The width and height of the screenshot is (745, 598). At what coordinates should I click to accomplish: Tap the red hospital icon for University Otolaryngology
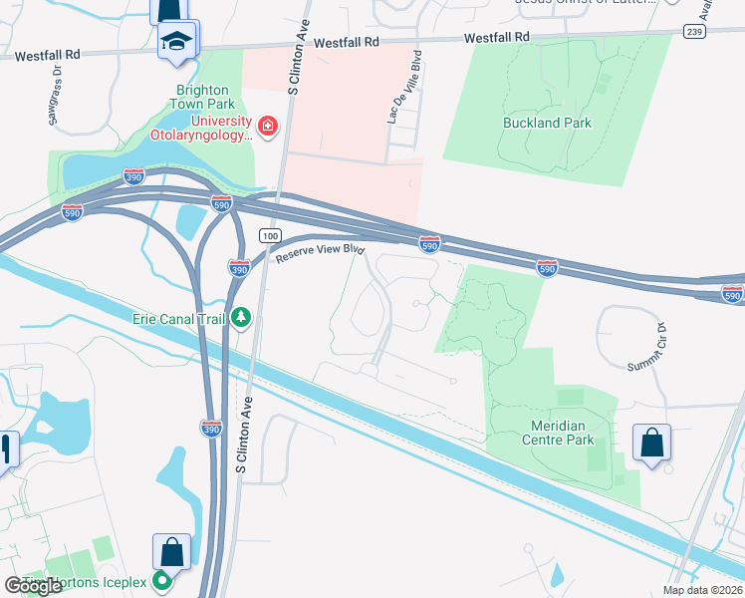coord(267,127)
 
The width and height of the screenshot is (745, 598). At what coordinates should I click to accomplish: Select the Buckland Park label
coord(547,123)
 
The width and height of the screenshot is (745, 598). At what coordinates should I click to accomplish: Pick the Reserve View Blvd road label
coord(321,254)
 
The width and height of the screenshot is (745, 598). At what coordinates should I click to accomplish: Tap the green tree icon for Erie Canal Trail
coord(240,318)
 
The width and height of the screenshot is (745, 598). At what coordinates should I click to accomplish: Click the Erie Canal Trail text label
coord(179,319)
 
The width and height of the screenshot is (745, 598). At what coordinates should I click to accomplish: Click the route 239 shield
coord(694,32)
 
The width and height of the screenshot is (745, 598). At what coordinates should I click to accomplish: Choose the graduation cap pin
coord(177,41)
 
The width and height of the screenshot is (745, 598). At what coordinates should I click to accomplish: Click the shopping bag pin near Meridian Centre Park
coord(651,444)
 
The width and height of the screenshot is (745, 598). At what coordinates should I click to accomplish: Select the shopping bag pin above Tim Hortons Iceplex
coord(171,552)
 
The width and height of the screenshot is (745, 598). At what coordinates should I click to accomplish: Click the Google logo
coord(33,586)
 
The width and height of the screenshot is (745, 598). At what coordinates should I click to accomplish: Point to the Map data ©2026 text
coord(703,590)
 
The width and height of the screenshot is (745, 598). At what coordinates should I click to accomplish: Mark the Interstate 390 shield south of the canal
coord(211,429)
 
